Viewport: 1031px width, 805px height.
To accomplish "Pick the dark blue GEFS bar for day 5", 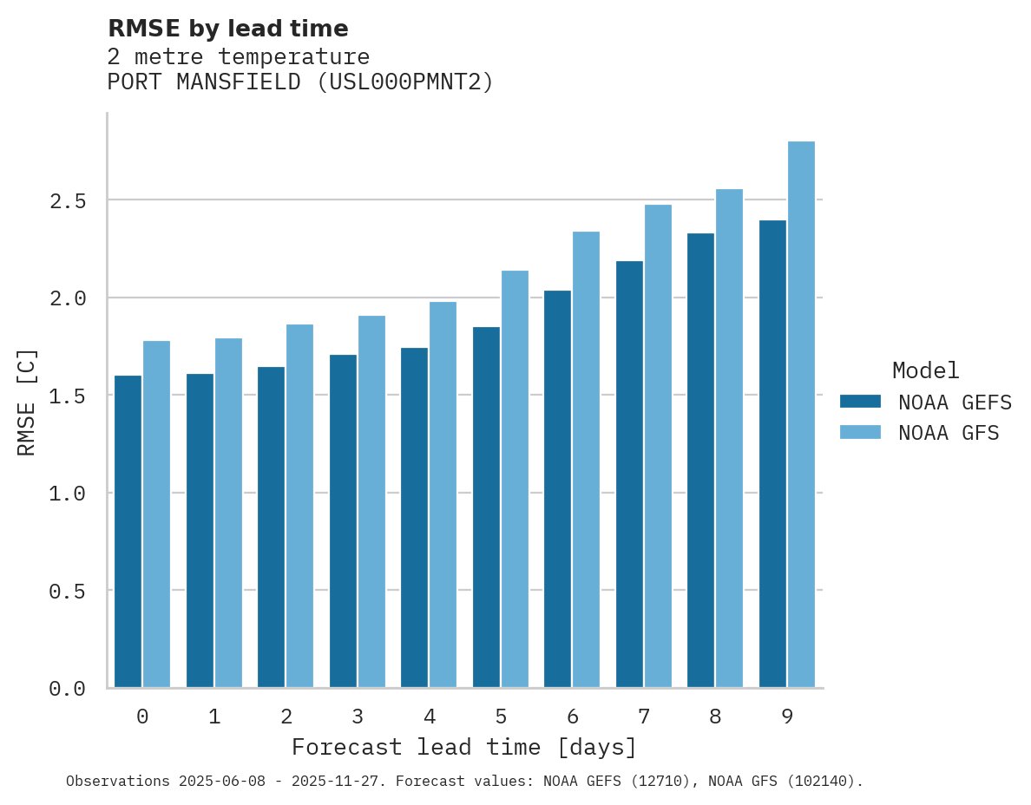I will [x=486, y=507].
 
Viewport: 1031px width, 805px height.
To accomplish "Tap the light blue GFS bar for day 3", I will [x=371, y=501].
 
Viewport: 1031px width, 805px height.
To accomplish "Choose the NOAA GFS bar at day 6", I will [x=586, y=460].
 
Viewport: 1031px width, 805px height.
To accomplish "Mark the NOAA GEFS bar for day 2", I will [x=271, y=527].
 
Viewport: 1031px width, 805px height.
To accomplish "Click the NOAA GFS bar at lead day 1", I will [x=228, y=513].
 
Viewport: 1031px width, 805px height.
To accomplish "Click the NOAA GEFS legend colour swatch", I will [x=860, y=402].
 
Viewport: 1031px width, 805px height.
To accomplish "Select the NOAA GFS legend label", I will [x=949, y=433].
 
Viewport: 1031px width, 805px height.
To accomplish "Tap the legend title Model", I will [x=925, y=370].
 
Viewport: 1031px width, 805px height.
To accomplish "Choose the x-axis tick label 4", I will [x=429, y=717].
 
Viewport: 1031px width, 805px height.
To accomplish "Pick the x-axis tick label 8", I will [x=715, y=717].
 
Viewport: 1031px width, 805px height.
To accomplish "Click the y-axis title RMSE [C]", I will [x=27, y=401].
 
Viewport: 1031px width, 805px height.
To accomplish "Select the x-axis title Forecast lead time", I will [x=463, y=747].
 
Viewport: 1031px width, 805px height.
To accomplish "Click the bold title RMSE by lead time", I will [x=227, y=29].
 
